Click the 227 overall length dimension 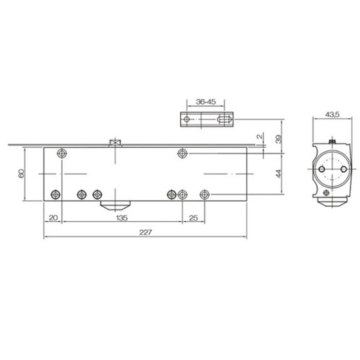[145, 233]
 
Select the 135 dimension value [122, 218]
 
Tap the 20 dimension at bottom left [53, 218]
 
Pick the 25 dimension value [193, 218]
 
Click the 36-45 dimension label [206, 102]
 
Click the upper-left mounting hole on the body [62, 154]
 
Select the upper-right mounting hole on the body [183, 154]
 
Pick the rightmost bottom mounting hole [204, 194]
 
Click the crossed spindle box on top [115, 143]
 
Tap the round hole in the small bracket [186, 119]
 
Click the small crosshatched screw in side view [327, 192]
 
